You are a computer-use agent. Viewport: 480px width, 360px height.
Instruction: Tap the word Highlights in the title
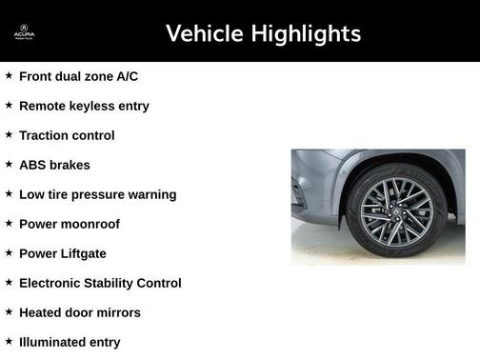tap(305, 34)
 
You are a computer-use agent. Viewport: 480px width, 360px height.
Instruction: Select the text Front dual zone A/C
tap(85, 76)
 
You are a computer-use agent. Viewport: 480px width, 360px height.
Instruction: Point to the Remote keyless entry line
tap(84, 106)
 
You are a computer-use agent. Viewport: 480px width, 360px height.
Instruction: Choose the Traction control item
tap(67, 135)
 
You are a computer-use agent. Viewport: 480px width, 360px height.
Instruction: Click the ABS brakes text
tap(54, 165)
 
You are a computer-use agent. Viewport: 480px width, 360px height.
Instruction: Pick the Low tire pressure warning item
tap(97, 194)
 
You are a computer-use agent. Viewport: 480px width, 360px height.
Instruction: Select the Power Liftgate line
tap(63, 253)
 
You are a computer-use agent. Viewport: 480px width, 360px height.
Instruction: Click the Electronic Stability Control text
tap(100, 283)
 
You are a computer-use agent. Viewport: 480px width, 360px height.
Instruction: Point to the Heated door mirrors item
tap(79, 312)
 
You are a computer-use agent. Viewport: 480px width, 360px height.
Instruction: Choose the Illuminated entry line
tap(70, 342)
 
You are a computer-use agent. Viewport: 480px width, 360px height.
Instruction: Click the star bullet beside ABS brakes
tap(9, 164)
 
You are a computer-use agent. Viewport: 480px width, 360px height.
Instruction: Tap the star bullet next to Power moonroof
tap(9, 223)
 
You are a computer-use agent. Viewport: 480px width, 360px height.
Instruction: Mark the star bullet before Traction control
tap(9, 134)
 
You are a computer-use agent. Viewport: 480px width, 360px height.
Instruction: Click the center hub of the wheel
tap(396, 210)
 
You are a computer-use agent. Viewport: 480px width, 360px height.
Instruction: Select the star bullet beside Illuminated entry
tap(9, 341)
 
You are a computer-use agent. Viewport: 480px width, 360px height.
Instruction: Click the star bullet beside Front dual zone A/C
tap(9, 75)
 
